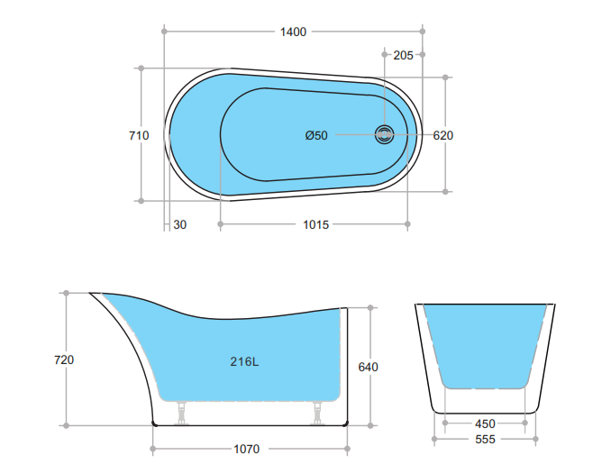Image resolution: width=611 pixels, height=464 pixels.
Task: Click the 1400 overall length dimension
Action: [293, 32]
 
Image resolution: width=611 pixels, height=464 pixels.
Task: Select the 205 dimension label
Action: [404, 55]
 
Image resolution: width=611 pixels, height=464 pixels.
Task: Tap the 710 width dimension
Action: [139, 135]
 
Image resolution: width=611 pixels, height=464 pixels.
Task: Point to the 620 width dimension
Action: [442, 136]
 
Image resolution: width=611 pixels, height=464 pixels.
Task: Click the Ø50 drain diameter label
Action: [316, 136]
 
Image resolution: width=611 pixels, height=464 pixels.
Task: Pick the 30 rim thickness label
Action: [180, 224]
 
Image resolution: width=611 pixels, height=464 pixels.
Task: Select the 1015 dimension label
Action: [315, 224]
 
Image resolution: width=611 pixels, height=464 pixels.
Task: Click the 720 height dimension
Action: [64, 359]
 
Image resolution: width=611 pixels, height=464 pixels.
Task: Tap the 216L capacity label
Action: [244, 362]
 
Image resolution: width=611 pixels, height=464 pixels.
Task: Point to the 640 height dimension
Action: [368, 367]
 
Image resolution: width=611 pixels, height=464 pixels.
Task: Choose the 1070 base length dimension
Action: [247, 448]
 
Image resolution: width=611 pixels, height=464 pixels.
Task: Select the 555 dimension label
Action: [485, 440]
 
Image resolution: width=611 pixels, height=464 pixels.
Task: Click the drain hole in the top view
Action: [386, 135]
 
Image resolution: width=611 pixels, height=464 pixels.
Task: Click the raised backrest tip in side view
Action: [94, 294]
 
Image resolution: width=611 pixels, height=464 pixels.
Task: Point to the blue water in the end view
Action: [485, 342]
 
